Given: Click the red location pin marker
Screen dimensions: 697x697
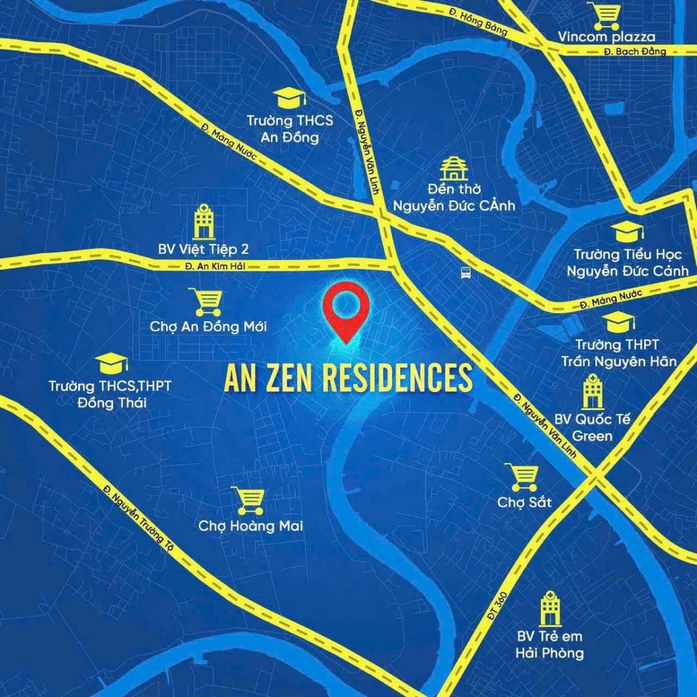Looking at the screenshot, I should tap(345, 310).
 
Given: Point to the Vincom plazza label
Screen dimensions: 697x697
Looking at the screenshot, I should tap(606, 37).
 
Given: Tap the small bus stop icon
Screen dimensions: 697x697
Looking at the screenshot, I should tap(466, 273).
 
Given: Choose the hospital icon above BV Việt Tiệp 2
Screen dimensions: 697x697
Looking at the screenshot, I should tap(203, 221).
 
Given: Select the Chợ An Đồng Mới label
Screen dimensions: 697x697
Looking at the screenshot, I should tap(208, 327).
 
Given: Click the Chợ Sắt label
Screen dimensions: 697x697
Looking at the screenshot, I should tap(524, 502).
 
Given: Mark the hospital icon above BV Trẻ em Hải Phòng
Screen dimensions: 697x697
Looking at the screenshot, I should tap(549, 609).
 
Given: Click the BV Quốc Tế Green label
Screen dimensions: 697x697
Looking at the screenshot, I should tap(593, 427).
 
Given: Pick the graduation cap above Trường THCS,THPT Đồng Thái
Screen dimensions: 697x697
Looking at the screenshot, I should tap(112, 363).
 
